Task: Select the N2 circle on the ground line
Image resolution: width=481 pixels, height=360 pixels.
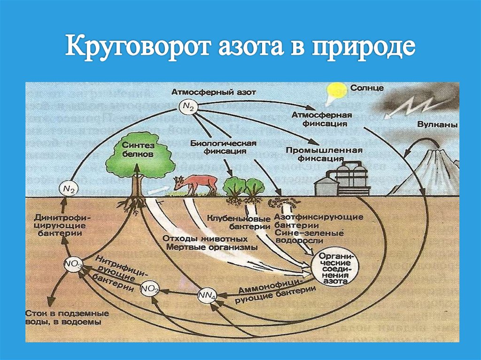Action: pyautogui.click(x=69, y=189)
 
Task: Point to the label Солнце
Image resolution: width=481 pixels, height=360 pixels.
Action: pyautogui.click(x=366, y=88)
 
